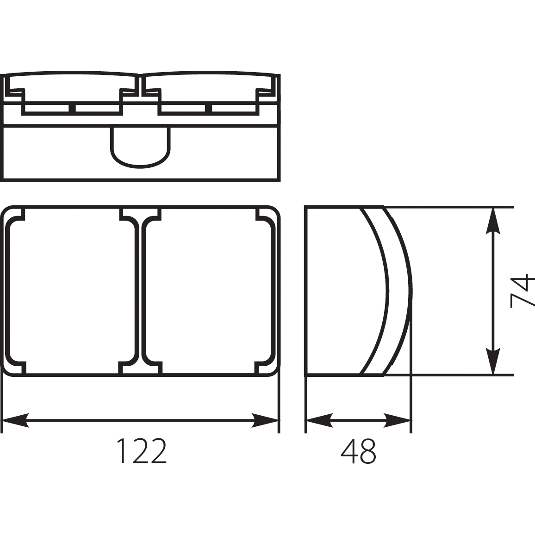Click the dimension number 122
pyautogui.click(x=141, y=451)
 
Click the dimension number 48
pyautogui.click(x=358, y=451)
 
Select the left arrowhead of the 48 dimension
pyautogui.click(x=319, y=420)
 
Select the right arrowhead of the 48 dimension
pyautogui.click(x=398, y=420)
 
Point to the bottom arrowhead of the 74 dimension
pyautogui.click(x=494, y=361)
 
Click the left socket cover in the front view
pyautogui.click(x=72, y=291)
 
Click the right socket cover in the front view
pyautogui.click(x=208, y=291)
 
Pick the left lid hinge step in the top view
pyautogui.click(x=16, y=92)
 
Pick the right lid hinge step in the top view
pyautogui.click(x=266, y=92)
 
